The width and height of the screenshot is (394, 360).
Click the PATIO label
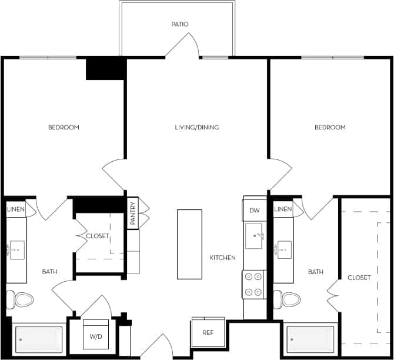180,24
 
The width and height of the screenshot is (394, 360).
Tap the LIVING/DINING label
197,128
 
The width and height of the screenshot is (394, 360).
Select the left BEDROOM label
64,128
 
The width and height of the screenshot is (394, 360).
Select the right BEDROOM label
330,128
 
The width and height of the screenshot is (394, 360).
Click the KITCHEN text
223,258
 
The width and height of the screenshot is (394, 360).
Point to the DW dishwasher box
255,211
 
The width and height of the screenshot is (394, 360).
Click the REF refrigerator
208,333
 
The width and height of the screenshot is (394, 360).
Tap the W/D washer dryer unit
95,336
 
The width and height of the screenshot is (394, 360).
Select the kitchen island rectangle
189,244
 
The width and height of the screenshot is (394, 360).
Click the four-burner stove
254,284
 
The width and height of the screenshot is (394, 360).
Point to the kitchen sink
254,236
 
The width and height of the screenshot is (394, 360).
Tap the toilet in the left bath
22,300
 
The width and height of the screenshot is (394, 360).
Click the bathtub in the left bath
38,339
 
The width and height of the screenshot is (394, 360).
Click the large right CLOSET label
359,278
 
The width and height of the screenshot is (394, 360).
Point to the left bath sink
15,249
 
